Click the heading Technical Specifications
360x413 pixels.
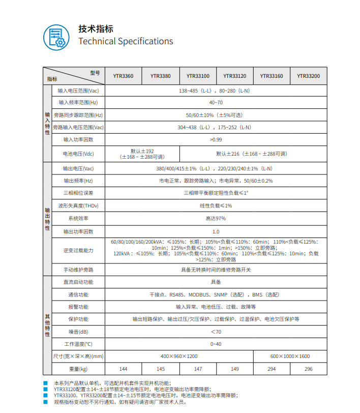(x=126, y=42)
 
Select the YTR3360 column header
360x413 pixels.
(x=123, y=76)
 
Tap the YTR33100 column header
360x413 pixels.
(x=198, y=76)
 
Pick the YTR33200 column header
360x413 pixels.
(x=308, y=76)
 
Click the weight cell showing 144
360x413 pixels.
(x=123, y=369)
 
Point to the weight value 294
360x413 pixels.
(x=272, y=369)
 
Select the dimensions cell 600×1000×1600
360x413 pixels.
(x=290, y=357)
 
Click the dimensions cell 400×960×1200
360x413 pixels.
(x=179, y=357)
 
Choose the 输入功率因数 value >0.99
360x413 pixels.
(x=216, y=139)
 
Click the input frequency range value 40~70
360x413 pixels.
(x=216, y=103)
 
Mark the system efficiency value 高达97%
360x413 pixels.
(x=216, y=218)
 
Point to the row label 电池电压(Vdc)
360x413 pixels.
(x=78, y=154)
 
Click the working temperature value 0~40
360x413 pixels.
(x=216, y=344)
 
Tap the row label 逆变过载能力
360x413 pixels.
(x=78, y=251)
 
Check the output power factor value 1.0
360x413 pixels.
(x=216, y=231)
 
